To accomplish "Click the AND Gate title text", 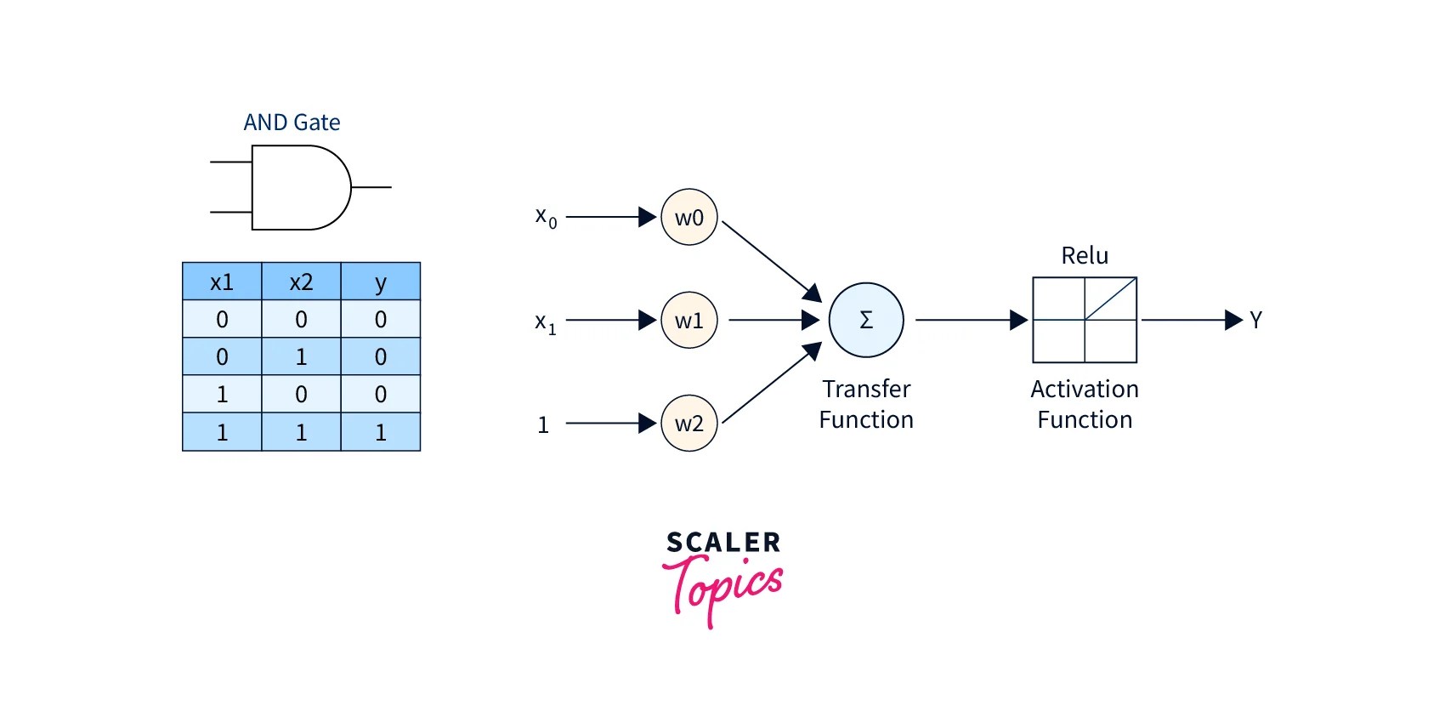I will pos(292,122).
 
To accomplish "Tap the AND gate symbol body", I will pos(297,187).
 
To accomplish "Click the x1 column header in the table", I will pos(222,282).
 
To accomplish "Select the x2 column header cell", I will pos(301,282).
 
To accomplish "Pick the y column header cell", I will pos(380,282).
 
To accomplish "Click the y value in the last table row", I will pos(380,432).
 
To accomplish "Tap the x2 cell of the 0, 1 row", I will pos(301,356).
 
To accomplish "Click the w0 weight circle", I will pos(688,218).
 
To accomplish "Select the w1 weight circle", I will pos(688,321).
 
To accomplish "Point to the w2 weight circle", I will pos(688,423).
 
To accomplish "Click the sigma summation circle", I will pos(865,320).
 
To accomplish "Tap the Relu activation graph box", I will pos(1085,320).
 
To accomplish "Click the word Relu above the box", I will pos(1085,255).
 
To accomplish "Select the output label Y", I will pos(1255,320).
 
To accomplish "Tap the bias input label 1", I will pos(543,424).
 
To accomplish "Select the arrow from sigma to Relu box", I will pos(969,320).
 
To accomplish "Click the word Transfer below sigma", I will pos(865,389).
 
